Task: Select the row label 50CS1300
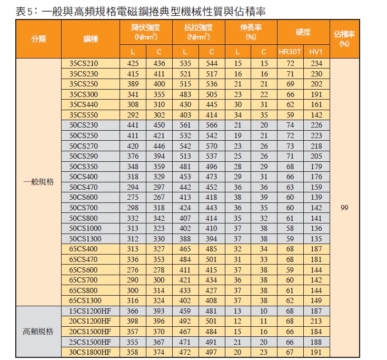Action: tap(86, 238)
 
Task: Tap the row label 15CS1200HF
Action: tap(90, 311)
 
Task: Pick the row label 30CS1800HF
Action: tap(90, 352)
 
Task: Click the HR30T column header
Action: tap(290, 52)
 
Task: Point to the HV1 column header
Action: tap(316, 52)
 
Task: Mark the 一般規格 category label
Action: tap(38, 182)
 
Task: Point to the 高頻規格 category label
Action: tap(38, 332)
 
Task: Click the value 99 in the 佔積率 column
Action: tap(344, 208)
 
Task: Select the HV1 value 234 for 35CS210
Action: tap(316, 64)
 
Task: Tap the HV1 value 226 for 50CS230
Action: tap(316, 125)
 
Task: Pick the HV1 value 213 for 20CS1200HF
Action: tap(316, 321)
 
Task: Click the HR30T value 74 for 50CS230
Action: tap(290, 125)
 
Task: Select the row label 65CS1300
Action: tap(86, 300)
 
